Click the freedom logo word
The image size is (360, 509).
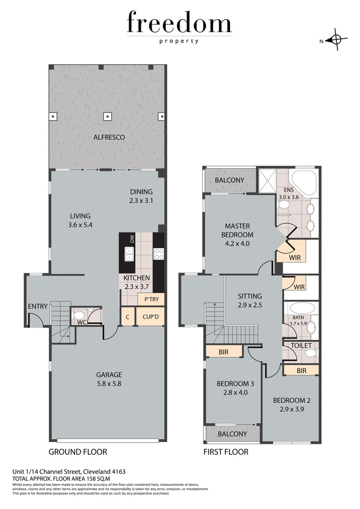click(x=179, y=23)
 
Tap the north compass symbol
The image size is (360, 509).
click(x=336, y=41)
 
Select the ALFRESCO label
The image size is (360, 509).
click(x=109, y=137)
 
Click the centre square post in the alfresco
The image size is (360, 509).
click(x=107, y=115)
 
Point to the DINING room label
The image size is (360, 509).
click(x=141, y=192)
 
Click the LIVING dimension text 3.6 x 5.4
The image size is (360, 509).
click(x=80, y=225)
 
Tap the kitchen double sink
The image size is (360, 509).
click(x=129, y=254)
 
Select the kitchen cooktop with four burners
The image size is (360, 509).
click(x=159, y=254)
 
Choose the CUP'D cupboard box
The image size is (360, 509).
click(x=150, y=316)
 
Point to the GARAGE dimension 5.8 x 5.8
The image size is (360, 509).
click(x=109, y=384)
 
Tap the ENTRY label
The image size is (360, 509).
click(x=38, y=306)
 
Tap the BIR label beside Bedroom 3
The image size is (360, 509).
click(x=223, y=352)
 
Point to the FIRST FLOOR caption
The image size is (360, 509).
click(x=226, y=452)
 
